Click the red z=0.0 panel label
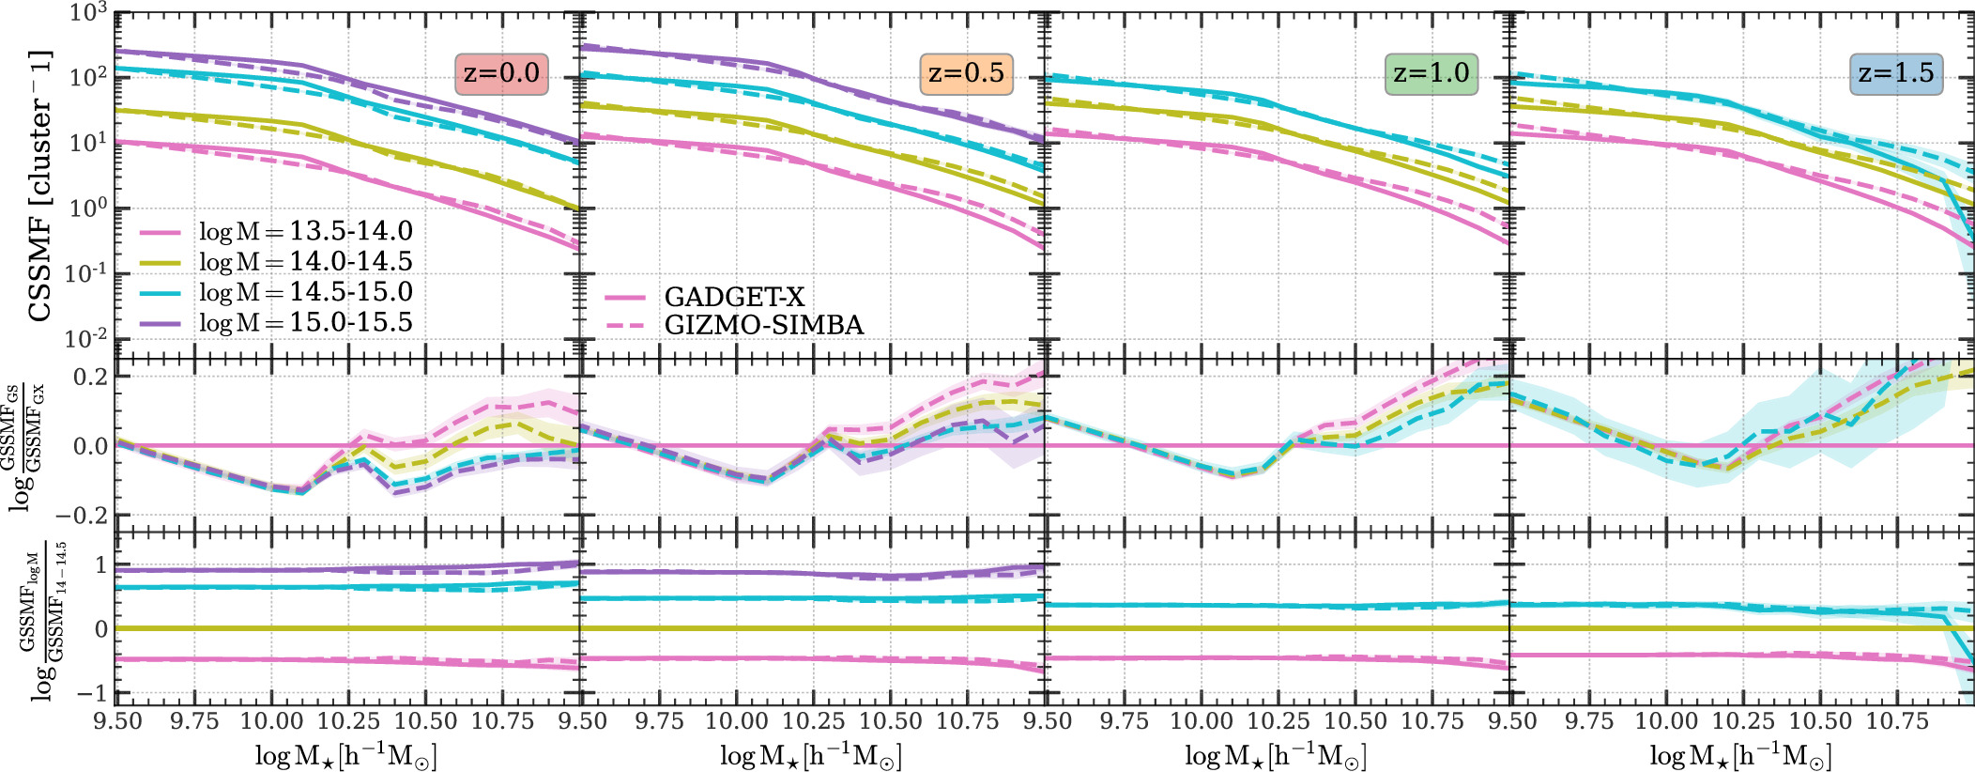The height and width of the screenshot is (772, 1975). point(501,73)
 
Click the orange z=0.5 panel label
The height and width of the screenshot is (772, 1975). point(966,73)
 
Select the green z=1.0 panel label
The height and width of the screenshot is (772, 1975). point(1431,73)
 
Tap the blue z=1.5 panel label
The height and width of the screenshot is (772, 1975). point(1895,73)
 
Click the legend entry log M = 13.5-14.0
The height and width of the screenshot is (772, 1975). point(305,231)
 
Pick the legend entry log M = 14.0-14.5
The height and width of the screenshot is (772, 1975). point(305,261)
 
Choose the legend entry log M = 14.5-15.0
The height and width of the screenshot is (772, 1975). point(305,292)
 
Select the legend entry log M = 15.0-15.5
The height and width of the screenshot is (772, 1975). point(305,322)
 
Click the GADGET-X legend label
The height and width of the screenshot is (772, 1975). point(734,297)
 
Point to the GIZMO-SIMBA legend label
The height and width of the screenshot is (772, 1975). point(763,325)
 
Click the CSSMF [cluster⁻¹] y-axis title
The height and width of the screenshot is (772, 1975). point(39,186)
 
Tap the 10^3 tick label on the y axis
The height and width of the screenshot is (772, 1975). point(88,13)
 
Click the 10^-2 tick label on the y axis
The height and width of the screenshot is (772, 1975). point(86,338)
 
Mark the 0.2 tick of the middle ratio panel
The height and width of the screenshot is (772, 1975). point(91,377)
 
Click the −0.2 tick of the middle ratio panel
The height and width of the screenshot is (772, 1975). point(83,516)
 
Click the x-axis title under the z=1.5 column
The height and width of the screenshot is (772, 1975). point(1740,755)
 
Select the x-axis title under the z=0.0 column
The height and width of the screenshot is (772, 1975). point(345,755)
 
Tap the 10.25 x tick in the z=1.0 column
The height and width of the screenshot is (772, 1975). point(1278,721)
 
